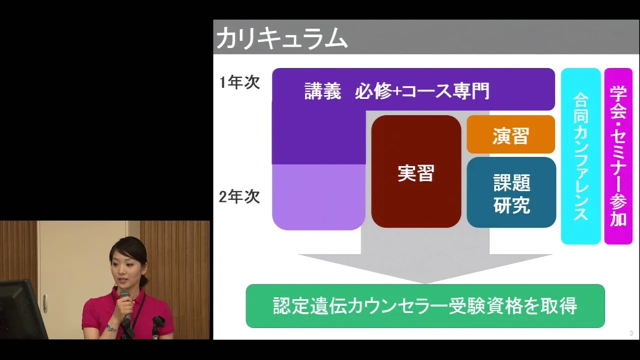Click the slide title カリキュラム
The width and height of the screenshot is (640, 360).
point(281,37)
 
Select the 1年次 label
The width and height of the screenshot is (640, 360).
point(239,82)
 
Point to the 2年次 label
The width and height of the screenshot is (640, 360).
point(239,197)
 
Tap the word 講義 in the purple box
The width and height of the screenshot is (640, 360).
point(322,91)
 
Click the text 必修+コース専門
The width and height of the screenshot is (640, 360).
point(422,91)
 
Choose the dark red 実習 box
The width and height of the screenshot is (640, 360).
point(416,171)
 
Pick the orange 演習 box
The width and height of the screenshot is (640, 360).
point(510,134)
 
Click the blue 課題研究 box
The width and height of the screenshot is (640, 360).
point(511,192)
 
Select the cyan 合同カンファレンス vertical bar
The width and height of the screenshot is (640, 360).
point(580,156)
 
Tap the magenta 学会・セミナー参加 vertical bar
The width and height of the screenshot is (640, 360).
point(618,156)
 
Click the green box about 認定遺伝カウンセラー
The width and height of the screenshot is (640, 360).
point(425,306)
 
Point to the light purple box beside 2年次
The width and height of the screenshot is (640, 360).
point(318,197)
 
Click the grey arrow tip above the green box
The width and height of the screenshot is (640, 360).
point(425,283)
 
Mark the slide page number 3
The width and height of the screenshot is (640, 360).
point(631,333)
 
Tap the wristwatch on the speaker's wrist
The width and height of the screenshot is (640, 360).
point(111,328)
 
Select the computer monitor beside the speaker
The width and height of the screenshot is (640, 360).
point(21,310)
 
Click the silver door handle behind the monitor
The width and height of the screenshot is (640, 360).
point(45,303)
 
